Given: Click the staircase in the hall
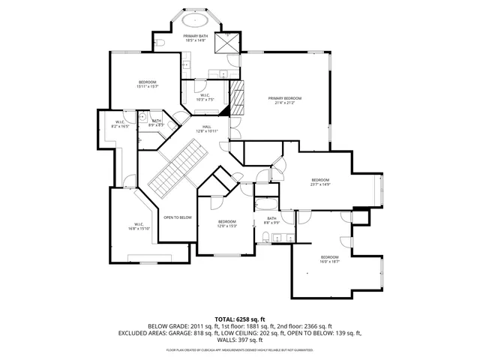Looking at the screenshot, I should (177, 169).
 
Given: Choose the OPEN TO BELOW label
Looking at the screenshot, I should (178, 217).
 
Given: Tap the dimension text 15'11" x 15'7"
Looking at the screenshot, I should (147, 86).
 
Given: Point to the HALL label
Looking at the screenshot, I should (206, 127).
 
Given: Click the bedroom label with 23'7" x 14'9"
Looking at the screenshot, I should (320, 180).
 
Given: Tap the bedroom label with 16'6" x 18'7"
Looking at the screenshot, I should (330, 257).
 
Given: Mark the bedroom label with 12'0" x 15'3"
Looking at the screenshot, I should (227, 221).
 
